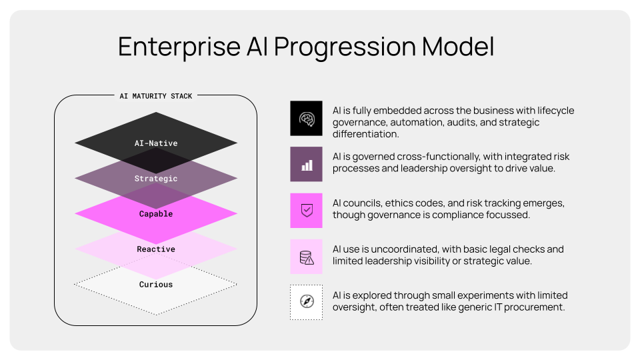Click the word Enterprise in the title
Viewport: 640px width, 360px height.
178,47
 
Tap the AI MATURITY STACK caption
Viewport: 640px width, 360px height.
156,96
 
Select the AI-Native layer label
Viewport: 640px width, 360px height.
156,143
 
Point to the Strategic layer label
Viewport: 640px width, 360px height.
156,179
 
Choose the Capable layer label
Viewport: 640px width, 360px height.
156,214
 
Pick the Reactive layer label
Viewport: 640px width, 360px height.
156,249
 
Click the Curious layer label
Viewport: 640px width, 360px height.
156,285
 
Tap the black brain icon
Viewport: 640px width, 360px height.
306,119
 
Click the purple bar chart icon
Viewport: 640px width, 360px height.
306,165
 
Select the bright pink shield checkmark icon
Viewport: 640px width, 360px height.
306,211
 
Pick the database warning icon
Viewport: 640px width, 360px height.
306,257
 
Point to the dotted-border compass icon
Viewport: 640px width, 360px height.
306,303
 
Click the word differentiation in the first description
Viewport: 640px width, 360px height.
365,135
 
